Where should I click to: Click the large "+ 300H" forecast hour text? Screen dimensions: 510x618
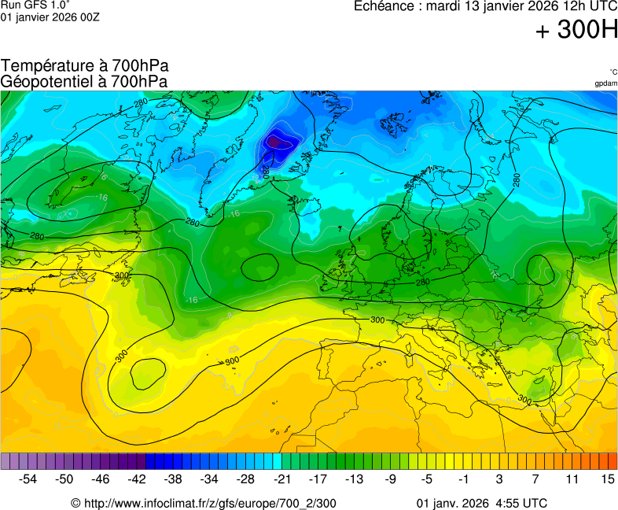576,31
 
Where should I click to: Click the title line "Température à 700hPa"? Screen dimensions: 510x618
85,66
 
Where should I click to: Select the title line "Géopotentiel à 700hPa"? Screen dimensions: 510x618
84,81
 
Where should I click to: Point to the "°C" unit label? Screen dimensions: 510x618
612,72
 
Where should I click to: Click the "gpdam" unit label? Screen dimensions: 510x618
605,83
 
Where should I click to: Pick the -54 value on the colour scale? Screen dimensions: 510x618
28,479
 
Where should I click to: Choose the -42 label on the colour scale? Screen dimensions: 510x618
137,479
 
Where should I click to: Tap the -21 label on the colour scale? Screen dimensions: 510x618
282,479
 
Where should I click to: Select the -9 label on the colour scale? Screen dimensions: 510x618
391,479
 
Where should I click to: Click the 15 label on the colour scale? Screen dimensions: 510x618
608,479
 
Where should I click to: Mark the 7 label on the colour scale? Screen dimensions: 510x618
535,479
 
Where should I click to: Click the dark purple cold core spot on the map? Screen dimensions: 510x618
275,141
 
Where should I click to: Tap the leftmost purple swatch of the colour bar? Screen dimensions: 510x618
6,461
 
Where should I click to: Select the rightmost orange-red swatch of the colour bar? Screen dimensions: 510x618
612,461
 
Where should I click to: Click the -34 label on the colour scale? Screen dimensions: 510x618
209,479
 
